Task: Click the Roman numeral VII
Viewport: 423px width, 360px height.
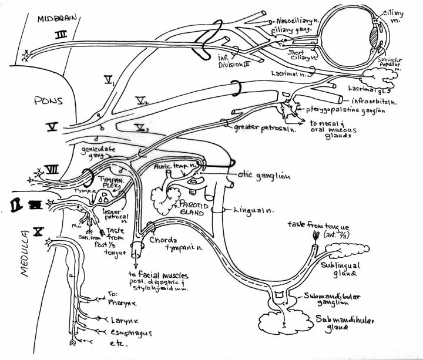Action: pos(51,170)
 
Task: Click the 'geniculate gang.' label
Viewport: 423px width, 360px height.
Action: pos(95,153)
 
